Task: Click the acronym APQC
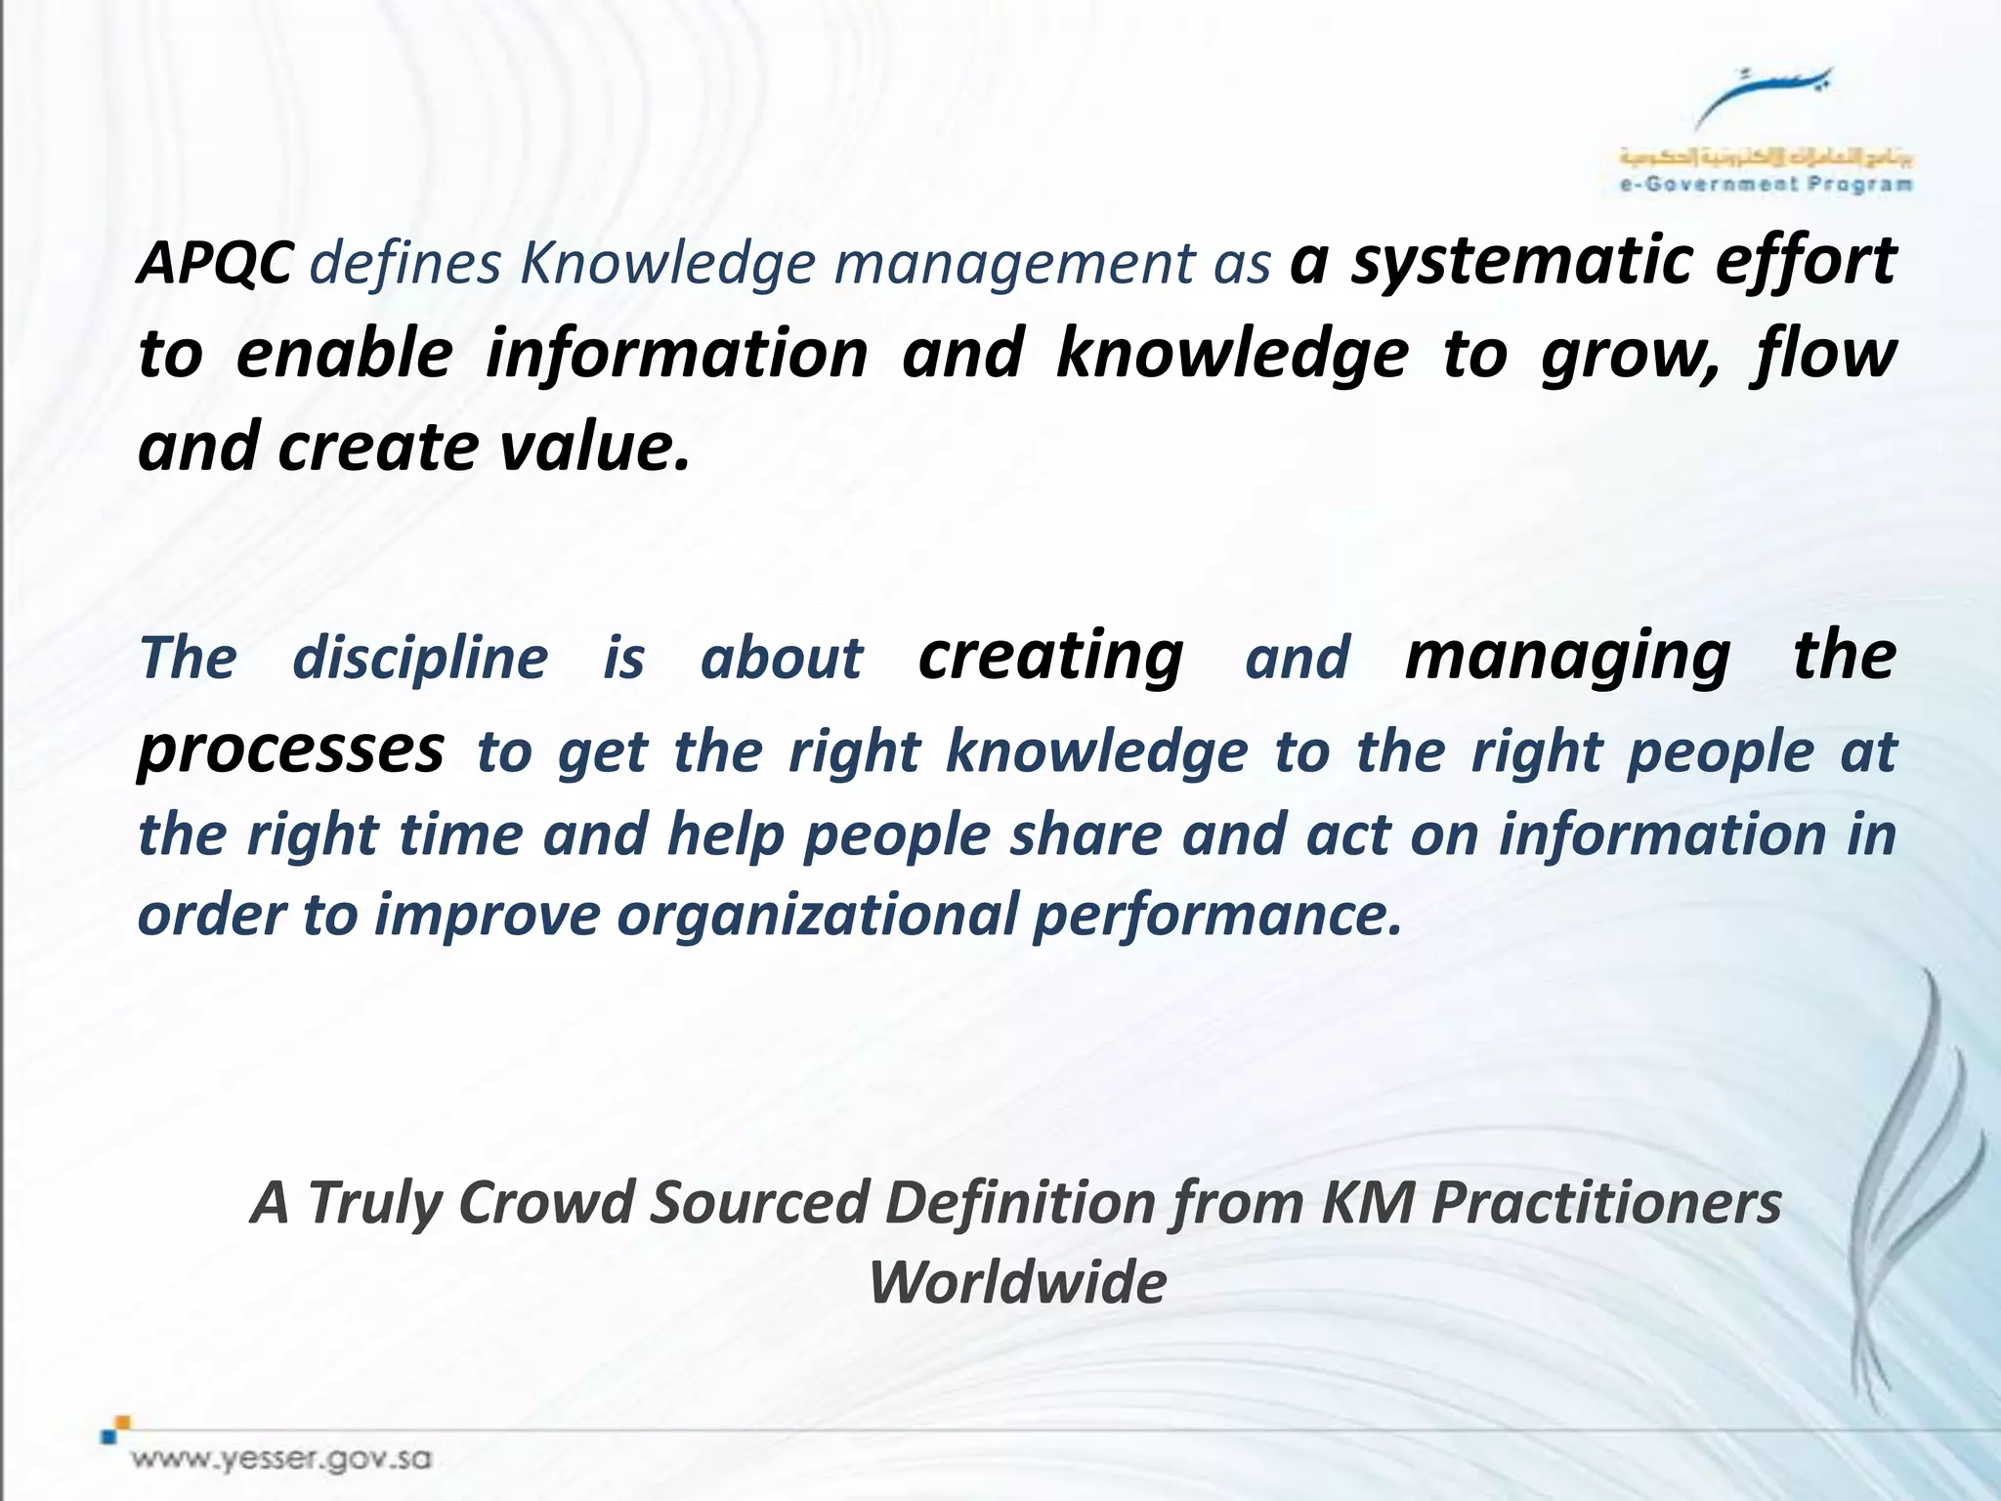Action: (214, 264)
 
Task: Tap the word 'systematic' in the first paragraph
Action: (1520, 262)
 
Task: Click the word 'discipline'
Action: (420, 658)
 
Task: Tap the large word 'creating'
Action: (1050, 656)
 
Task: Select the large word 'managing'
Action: (1567, 656)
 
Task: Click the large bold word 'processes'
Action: (291, 750)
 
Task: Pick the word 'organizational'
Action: (817, 916)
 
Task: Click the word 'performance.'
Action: (1217, 916)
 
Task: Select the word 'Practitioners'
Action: (1606, 1203)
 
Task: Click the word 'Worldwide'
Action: (1017, 1283)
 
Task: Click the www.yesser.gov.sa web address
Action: (282, 1460)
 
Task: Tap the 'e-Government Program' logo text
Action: (1766, 184)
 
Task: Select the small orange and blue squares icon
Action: (116, 1428)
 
